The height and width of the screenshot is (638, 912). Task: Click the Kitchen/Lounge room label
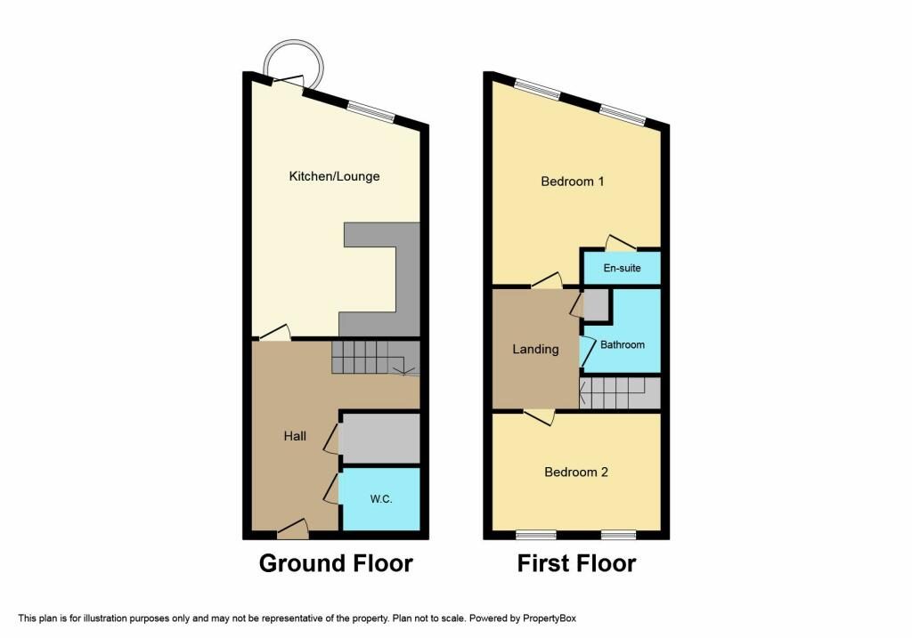pos(335,176)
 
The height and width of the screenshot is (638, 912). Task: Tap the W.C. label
pos(381,498)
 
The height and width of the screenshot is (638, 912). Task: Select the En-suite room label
pos(622,268)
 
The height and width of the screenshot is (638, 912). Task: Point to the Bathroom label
pos(623,344)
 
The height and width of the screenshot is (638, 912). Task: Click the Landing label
pos(535,349)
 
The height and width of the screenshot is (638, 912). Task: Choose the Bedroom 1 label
pos(573,182)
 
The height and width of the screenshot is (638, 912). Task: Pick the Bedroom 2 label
pos(576,472)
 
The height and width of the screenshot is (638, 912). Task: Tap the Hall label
pos(295,436)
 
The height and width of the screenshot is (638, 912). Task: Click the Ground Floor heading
pos(336,563)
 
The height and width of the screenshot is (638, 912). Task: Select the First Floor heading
pos(576,563)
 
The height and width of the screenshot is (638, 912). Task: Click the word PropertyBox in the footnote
pos(549,618)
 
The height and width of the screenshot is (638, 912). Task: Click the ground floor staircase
pos(376,358)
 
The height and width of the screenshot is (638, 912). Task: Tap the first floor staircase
pos(620,392)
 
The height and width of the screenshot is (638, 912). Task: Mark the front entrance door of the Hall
pos(293,529)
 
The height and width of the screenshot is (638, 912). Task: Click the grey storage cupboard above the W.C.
pos(380,438)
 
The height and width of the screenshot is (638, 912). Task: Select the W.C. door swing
pos(331,489)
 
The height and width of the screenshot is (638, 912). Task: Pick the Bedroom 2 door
pos(539,417)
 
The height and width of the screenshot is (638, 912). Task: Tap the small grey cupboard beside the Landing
pos(596,304)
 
